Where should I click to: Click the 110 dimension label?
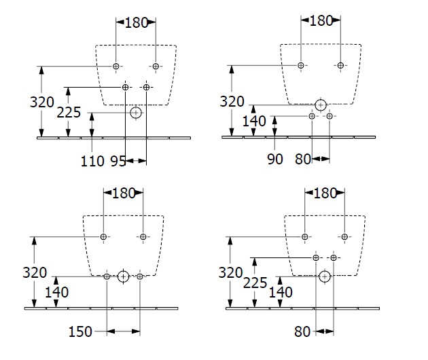click(x=93, y=161)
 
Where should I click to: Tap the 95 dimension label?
click(x=118, y=161)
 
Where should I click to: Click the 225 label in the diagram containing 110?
click(x=69, y=112)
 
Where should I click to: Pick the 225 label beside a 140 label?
click(x=254, y=282)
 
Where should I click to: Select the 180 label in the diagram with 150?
click(x=122, y=192)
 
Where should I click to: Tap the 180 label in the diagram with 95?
click(x=136, y=22)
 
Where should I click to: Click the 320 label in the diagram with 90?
click(x=232, y=102)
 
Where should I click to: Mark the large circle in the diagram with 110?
click(x=136, y=112)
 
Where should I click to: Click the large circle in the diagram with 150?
click(x=123, y=276)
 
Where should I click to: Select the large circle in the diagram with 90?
click(x=321, y=104)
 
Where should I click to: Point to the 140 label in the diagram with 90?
click(x=254, y=122)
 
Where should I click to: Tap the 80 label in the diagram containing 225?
click(x=303, y=332)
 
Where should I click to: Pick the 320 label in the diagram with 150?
click(x=34, y=273)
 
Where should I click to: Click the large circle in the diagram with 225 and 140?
click(x=325, y=276)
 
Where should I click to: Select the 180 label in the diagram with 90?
click(x=321, y=21)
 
